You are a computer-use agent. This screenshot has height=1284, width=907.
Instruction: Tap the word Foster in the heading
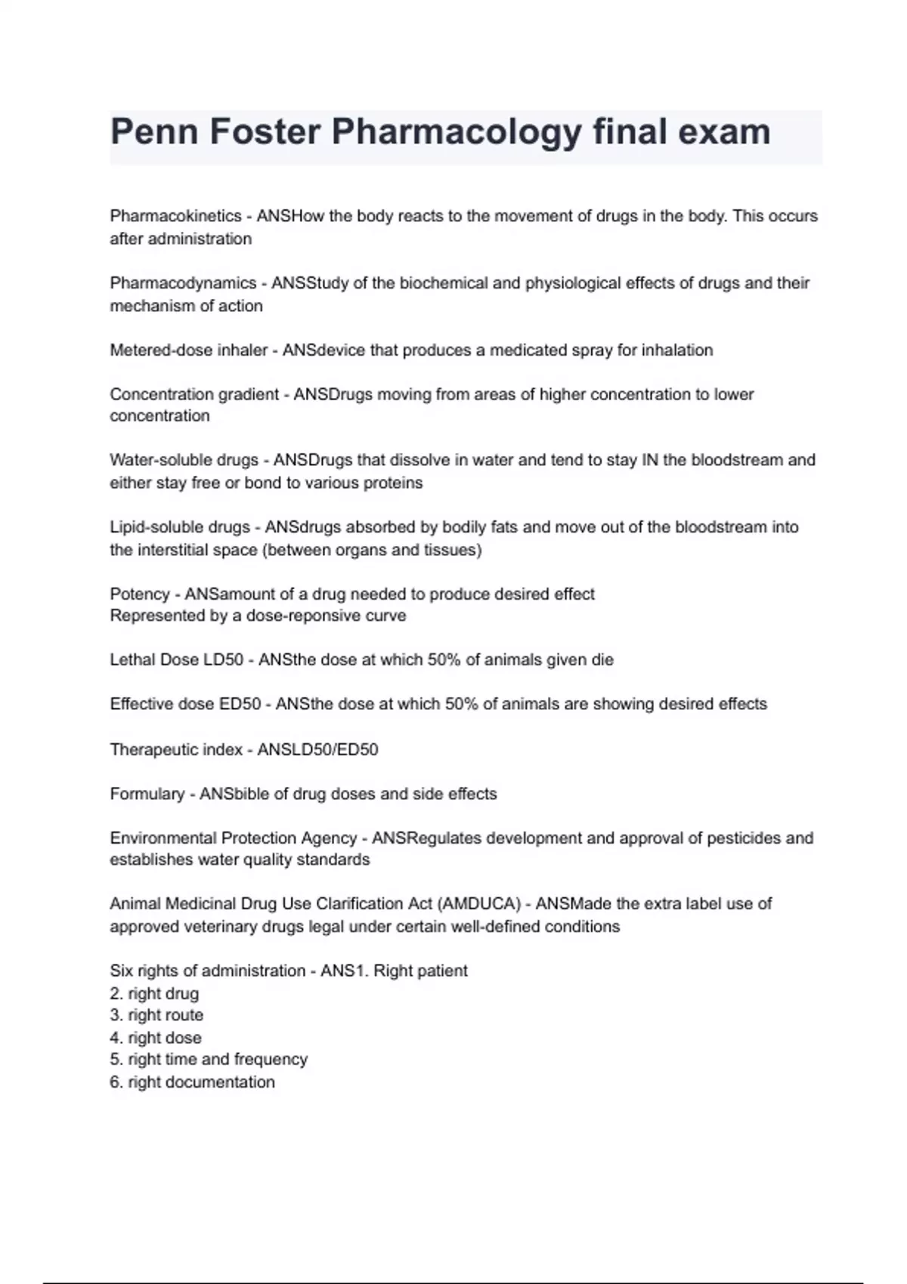265,131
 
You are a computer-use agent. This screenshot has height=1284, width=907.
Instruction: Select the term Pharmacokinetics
175,216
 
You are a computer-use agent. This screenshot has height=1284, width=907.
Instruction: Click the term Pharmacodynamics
183,283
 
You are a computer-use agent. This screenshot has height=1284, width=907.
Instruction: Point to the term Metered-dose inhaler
188,350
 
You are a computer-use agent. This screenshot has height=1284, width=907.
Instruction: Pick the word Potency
139,594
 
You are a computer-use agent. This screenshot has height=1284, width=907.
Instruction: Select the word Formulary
147,794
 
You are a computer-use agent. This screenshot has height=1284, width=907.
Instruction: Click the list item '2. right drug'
154,994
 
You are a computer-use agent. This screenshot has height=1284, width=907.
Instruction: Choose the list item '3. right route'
156,1015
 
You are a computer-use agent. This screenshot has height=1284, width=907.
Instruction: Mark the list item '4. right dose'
156,1038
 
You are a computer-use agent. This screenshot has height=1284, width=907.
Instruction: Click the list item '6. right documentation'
192,1082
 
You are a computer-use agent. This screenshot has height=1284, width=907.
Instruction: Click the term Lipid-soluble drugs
179,527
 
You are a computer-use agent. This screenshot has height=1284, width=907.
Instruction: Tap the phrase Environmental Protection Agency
233,838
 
